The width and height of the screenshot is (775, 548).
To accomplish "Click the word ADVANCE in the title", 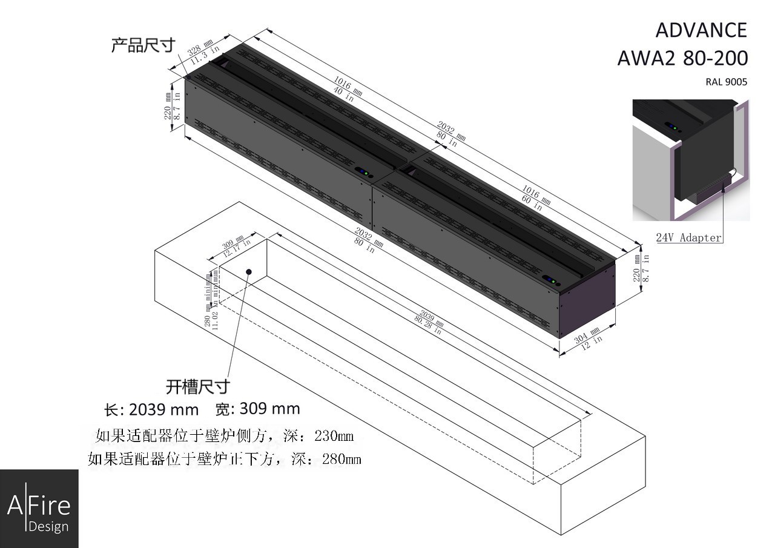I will (701, 30).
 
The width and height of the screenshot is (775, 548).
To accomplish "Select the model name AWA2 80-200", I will (682, 58).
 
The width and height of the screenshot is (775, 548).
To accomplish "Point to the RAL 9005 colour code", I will (726, 82).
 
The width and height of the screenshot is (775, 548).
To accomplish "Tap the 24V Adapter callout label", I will (689, 238).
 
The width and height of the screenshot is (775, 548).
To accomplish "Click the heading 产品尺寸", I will (143, 45).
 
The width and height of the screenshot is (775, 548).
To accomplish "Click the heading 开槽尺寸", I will (198, 386).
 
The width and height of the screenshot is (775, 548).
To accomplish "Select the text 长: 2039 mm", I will (151, 410).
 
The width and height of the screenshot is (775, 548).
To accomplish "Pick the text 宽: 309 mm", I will (257, 409).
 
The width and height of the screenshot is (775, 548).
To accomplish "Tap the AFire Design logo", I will (39, 509).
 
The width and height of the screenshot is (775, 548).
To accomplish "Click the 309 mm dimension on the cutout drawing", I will (232, 243).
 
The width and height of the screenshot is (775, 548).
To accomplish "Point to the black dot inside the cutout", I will (249, 272).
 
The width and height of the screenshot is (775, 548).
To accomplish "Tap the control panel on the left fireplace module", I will (363, 173).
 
